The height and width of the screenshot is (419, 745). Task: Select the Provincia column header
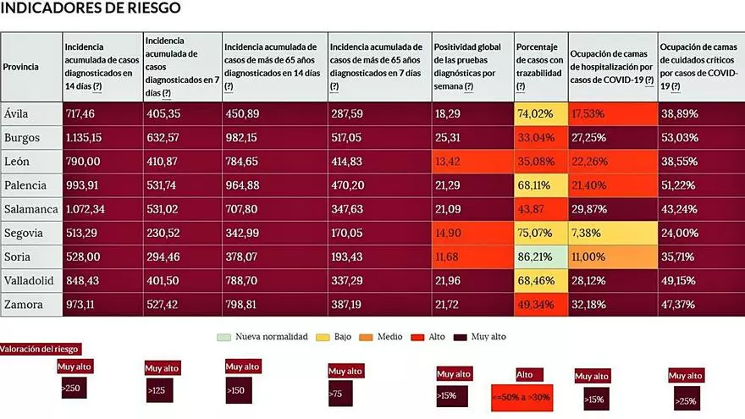tap(20, 66)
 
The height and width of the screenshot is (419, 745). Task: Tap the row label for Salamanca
tap(30, 207)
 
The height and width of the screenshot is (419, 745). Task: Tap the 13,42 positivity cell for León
tap(449, 161)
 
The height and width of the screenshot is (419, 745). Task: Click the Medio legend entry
tap(384, 336)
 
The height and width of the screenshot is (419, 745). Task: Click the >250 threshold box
tap(72, 387)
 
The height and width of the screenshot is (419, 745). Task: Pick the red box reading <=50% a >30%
tap(521, 396)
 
